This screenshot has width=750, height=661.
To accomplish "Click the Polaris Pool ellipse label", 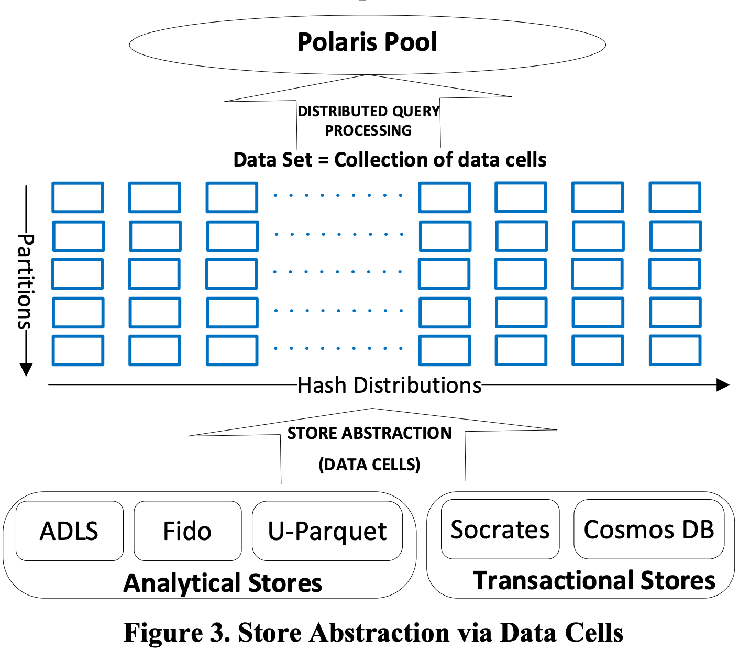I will tap(367, 42).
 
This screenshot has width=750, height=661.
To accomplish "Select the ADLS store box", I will tap(69, 531).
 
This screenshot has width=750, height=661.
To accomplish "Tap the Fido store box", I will tap(187, 531).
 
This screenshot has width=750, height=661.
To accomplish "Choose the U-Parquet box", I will tap(327, 531).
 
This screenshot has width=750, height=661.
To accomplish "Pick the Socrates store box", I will tap(500, 530).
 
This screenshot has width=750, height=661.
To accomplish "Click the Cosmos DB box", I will tap(648, 530).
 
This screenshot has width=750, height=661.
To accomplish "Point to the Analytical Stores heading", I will tap(223, 583).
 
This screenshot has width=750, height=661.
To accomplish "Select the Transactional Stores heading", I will tap(594, 580).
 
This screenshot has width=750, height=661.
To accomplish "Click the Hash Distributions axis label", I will tap(389, 385).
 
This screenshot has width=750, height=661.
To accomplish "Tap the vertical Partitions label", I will tap(26, 281).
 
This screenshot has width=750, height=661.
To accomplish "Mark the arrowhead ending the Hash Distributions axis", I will tap(723, 385).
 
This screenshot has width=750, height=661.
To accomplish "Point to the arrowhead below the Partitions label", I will tap(26, 370).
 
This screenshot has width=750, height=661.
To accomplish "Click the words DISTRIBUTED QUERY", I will tap(368, 111).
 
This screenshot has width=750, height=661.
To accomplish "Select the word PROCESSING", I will tap(368, 130).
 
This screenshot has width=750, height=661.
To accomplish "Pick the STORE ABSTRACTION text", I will tap(369, 433).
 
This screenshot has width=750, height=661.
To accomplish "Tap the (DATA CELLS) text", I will tap(369, 465).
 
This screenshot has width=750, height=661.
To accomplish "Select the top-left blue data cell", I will tap(78, 197).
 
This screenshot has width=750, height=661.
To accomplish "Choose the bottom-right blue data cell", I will tap(675, 350).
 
